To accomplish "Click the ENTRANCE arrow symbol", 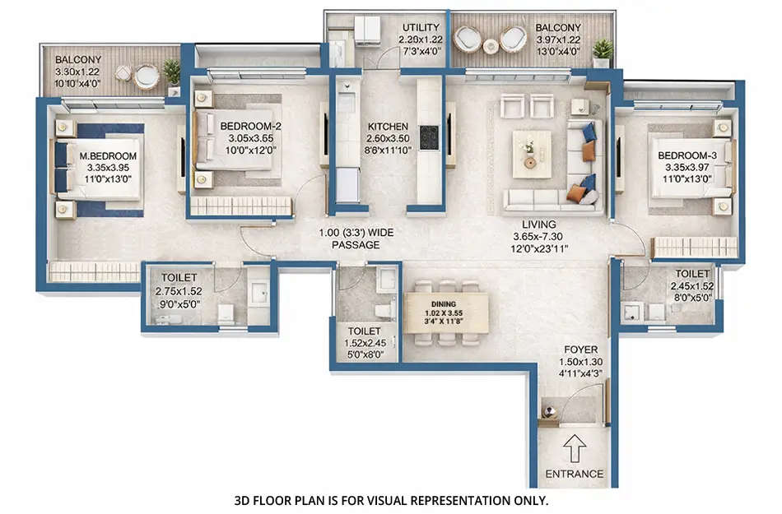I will pyautogui.click(x=575, y=449).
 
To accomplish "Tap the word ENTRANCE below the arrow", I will pyautogui.click(x=575, y=474).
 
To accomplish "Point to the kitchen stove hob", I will pyautogui.click(x=430, y=137).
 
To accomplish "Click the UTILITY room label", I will pyautogui.click(x=421, y=27).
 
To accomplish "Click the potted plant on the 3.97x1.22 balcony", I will pyautogui.click(x=603, y=51).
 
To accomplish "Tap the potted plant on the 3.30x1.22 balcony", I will pyautogui.click(x=172, y=72).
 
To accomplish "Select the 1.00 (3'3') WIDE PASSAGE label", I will pyautogui.click(x=356, y=238).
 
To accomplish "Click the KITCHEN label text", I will pyautogui.click(x=387, y=127).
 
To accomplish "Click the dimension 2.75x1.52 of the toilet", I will pyautogui.click(x=178, y=290).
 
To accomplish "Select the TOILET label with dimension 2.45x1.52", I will pyautogui.click(x=692, y=274).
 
